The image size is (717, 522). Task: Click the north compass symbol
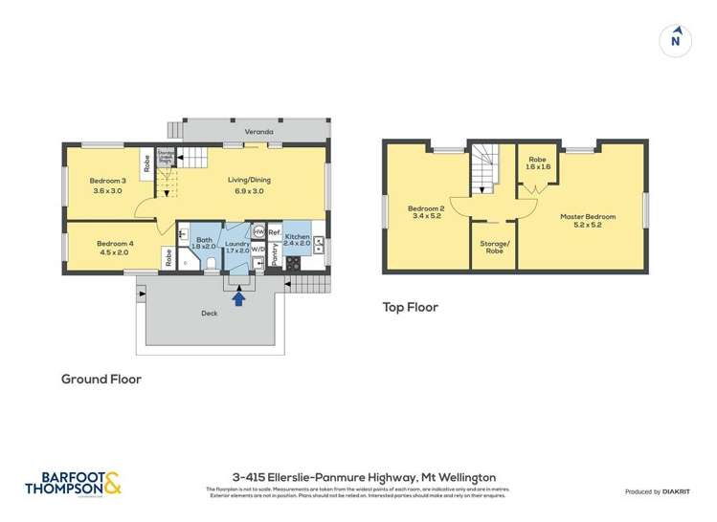tap(676, 39)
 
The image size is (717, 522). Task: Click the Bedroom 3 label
tap(107, 181)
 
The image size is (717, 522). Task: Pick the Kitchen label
tap(297, 235)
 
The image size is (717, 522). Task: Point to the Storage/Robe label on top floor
tap(493, 247)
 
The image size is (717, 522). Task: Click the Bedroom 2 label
tap(426, 208)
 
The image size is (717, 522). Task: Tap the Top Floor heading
tap(410, 308)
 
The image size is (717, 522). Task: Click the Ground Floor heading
tap(101, 380)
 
